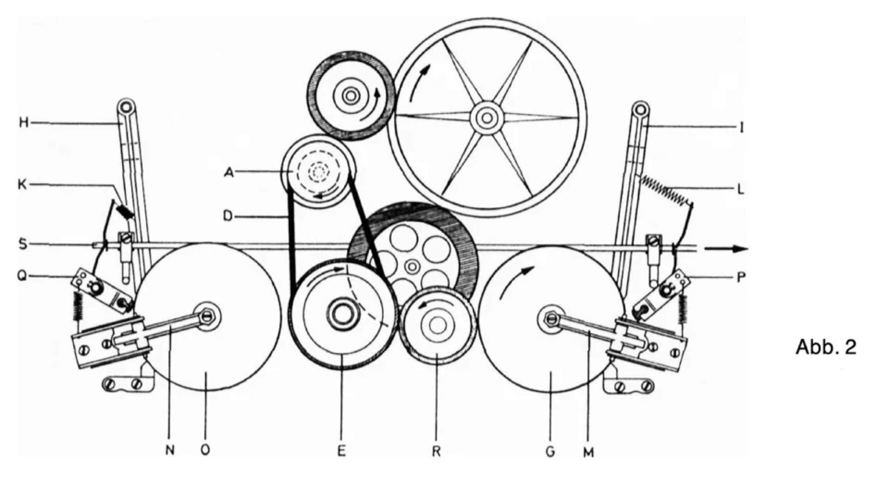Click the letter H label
[24, 123]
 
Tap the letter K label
[23, 185]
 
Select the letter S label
[23, 244]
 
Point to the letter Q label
[22, 276]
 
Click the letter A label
[228, 173]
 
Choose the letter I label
[741, 128]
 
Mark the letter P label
[741, 277]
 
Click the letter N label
[170, 450]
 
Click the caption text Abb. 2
[825, 347]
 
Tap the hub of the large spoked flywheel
[486, 117]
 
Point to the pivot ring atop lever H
[125, 107]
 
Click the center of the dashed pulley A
[318, 172]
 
